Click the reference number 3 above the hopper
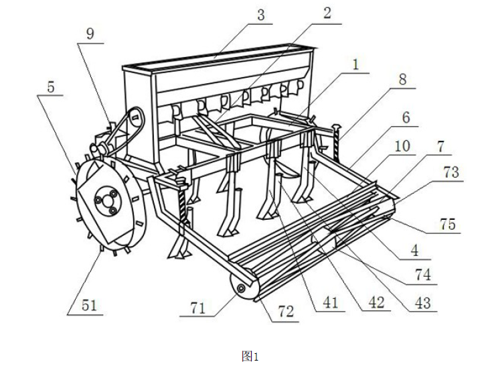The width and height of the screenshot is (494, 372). pos(260,15)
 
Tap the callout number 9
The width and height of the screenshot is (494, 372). pos(90,34)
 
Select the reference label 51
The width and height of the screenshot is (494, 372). pos(89,305)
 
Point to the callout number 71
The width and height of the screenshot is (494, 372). pos(198,308)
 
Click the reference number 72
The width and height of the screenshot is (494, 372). pos(286,312)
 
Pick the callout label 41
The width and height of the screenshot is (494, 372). pos(330,303)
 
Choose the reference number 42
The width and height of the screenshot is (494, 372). pos(376,303)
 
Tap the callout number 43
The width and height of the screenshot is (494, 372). pos(422,303)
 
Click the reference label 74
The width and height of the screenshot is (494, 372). pos(422,275)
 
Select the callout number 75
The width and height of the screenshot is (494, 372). pos(448,225)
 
